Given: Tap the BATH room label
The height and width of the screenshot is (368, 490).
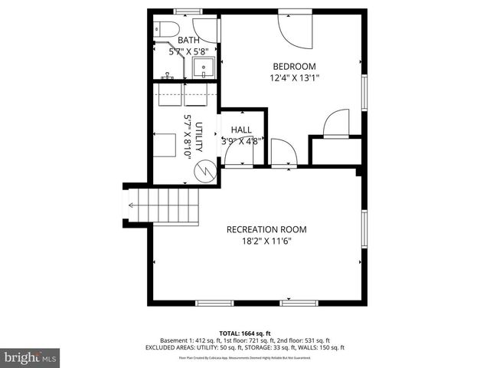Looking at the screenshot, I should tap(188, 40).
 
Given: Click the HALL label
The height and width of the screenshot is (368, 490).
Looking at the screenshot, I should tap(241, 130).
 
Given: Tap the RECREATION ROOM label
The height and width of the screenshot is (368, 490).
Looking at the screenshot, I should tap(266, 229).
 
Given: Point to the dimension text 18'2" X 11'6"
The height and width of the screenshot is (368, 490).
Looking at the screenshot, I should tap(266, 241).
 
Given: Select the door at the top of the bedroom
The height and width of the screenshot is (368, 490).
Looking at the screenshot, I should tap(294, 28).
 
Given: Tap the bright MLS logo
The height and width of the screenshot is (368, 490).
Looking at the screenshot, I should tap(30, 357).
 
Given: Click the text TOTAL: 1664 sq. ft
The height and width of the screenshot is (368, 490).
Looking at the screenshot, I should tap(245, 333).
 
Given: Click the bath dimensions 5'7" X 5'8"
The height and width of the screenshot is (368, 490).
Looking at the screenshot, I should tap(188, 51).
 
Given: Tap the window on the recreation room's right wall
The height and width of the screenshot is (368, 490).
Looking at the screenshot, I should tap(364, 231).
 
